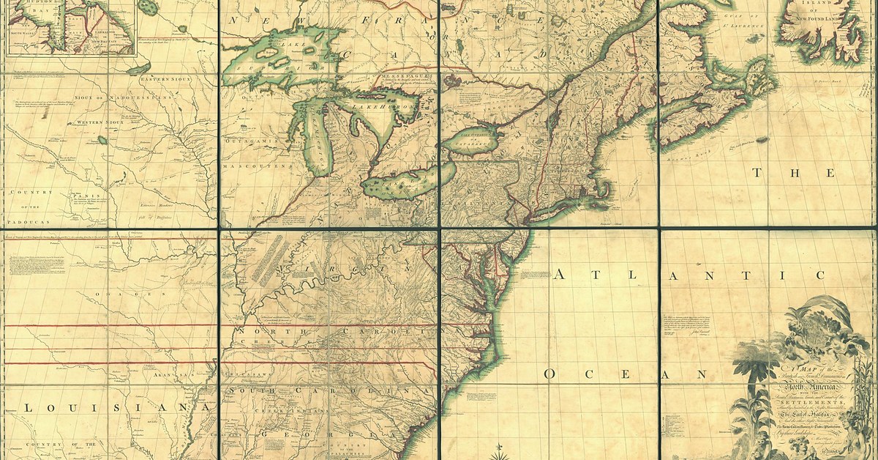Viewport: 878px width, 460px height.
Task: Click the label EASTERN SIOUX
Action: pos(166,78)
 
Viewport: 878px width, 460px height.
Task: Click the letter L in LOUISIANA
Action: pos(27,407)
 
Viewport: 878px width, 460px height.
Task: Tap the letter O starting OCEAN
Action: pos(548,374)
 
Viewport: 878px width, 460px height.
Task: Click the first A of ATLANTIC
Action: pos(559,275)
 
